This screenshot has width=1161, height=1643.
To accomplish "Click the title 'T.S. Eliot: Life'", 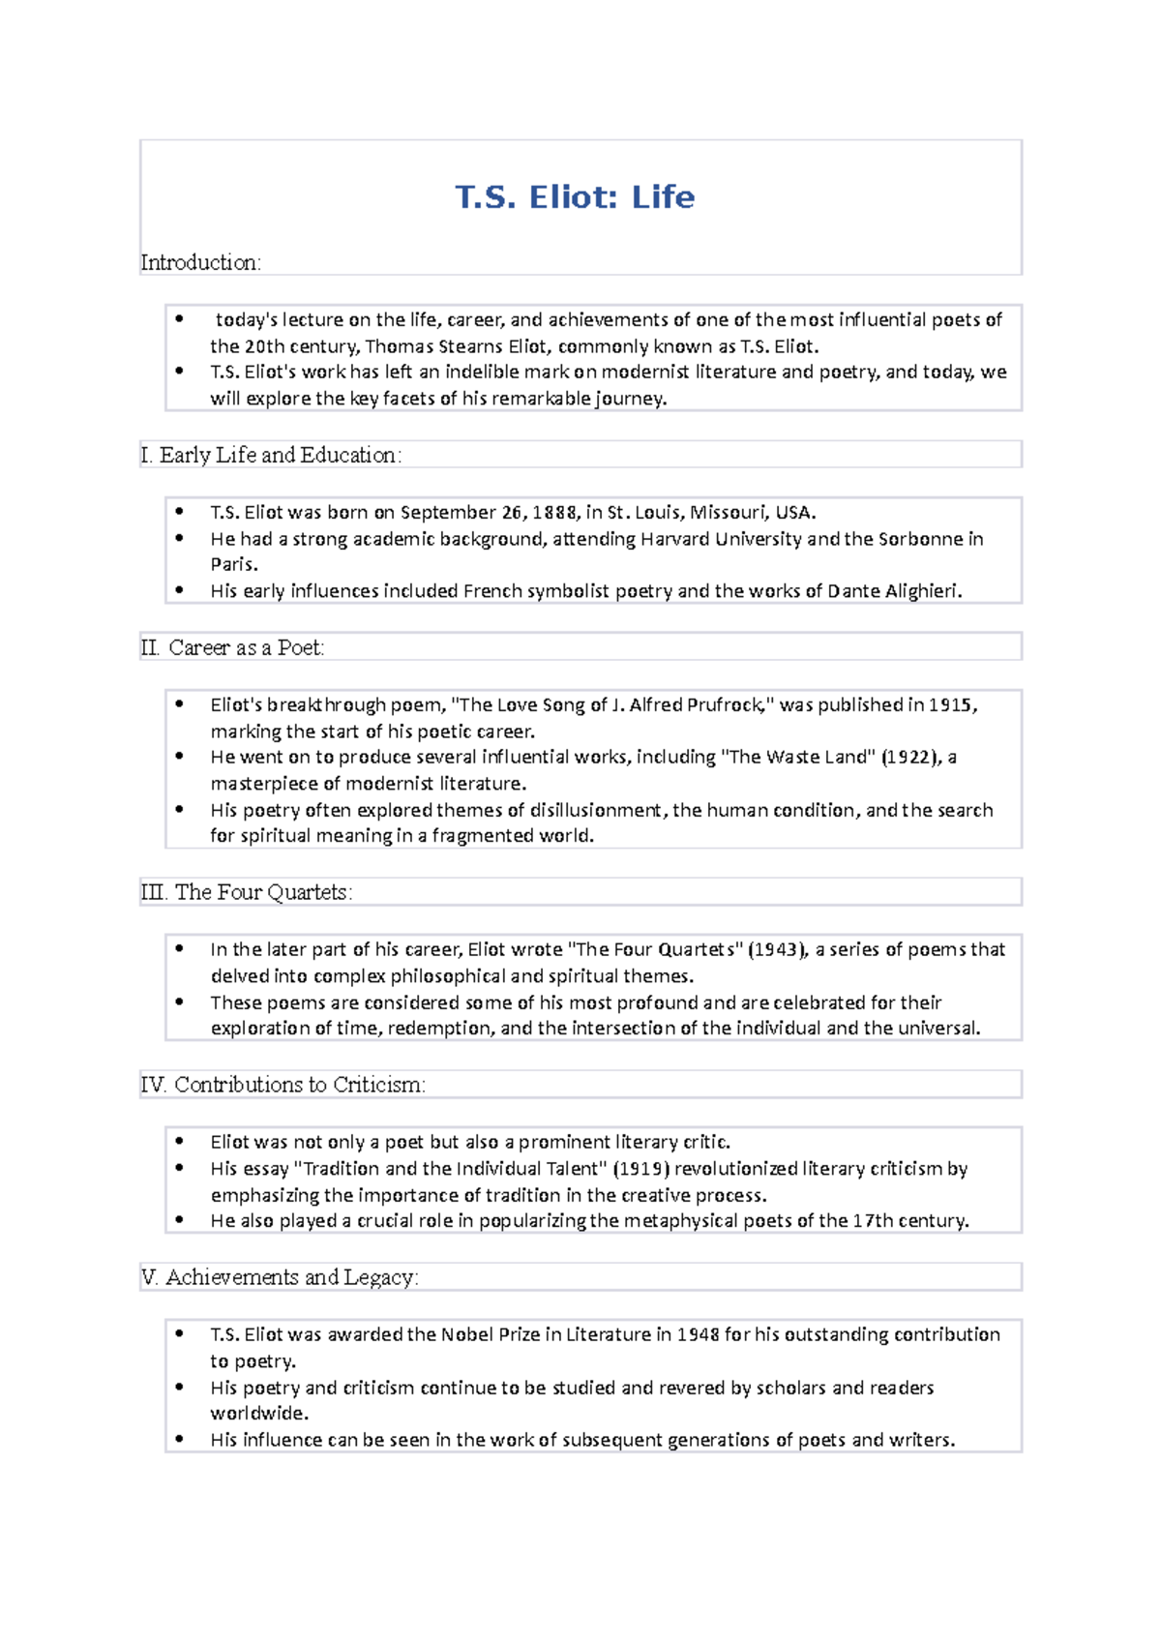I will (575, 197).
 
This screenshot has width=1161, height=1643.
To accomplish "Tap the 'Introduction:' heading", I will (200, 262).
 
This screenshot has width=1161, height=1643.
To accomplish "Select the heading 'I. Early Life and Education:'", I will (270, 455).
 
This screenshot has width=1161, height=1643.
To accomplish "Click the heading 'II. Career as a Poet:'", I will (232, 647).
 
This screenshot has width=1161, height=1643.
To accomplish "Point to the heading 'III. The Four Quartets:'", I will (247, 892).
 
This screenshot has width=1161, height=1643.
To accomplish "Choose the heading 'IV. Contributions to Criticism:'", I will (283, 1085).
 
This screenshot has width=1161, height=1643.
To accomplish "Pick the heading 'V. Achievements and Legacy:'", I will (279, 1277).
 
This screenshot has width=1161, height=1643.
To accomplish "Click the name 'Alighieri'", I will (921, 591).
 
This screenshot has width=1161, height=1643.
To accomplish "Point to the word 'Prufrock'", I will (724, 705).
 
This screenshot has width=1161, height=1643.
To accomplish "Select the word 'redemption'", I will (440, 1029).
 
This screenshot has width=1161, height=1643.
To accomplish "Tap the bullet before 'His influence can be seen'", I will (180, 1439).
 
